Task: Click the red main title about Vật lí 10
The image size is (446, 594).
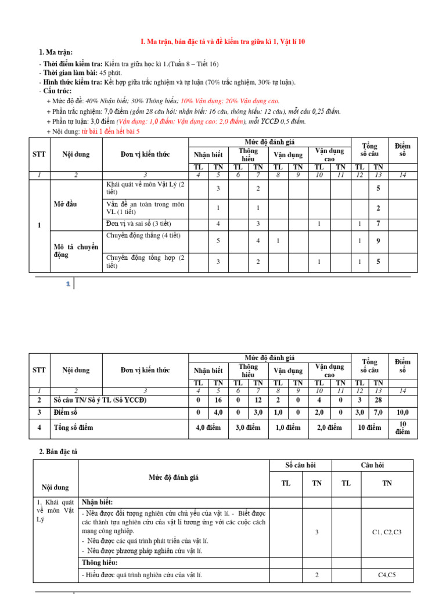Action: [x=223, y=42]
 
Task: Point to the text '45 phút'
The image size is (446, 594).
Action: [x=111, y=73]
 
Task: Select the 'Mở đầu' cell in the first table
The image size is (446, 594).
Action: [x=66, y=204]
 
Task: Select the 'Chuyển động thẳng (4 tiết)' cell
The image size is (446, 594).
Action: [x=143, y=236]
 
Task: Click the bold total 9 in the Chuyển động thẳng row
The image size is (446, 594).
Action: [x=378, y=241]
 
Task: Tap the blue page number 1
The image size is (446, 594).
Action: [x=68, y=284]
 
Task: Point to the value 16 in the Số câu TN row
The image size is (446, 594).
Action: [x=218, y=400]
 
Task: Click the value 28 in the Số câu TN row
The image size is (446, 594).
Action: [x=378, y=400]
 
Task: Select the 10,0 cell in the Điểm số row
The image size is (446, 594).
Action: [x=402, y=412]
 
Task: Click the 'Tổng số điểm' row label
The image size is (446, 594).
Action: [x=73, y=428]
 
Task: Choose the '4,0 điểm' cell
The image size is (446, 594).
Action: [x=208, y=428]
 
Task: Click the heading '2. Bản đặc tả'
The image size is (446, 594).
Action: [x=62, y=451]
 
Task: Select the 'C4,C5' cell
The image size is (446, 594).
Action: [x=387, y=575]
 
